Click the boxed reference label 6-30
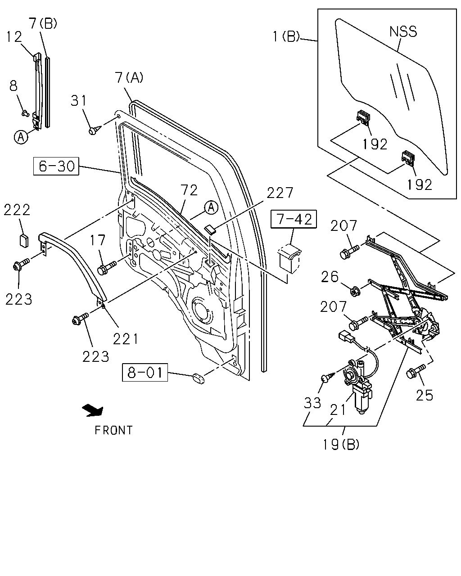[x=56, y=166]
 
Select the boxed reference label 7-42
[x=294, y=219]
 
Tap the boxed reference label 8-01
[x=145, y=372]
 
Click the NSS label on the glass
[x=403, y=31]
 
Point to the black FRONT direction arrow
[x=93, y=410]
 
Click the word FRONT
[x=113, y=430]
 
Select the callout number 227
[x=280, y=193]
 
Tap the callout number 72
[x=189, y=190]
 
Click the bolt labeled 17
[x=107, y=268]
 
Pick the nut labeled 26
[x=355, y=291]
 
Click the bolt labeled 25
[x=416, y=371]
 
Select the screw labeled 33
[x=327, y=376]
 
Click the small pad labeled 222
[x=24, y=241]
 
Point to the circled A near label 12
[x=21, y=137]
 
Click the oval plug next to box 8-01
[x=199, y=379]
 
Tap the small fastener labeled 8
[x=25, y=113]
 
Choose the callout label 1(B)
[x=286, y=36]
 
